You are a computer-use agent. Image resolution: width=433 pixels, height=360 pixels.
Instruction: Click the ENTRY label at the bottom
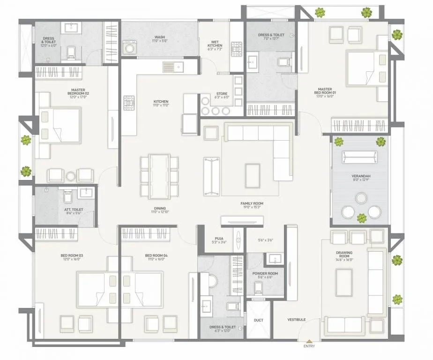tap(309, 346)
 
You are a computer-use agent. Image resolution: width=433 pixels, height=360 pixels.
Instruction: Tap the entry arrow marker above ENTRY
tap(309, 340)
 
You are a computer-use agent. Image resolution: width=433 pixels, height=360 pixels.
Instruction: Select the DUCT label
tap(258, 321)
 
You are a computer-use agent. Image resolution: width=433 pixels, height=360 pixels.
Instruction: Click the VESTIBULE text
tap(297, 320)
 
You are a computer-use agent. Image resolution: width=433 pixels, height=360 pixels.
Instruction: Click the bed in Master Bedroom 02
tap(60, 125)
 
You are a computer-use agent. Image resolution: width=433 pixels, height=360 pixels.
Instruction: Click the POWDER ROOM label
tap(265, 273)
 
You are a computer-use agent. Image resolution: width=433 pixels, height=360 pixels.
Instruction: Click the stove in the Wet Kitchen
tap(236, 49)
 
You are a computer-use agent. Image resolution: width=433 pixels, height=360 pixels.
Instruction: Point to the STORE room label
tap(222, 94)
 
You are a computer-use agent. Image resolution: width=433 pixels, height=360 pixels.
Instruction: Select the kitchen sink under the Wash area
tap(173, 67)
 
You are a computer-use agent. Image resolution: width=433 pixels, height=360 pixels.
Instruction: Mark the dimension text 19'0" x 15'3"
tap(252, 208)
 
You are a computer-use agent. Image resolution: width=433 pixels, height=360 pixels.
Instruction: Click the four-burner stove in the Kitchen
tap(129, 103)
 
